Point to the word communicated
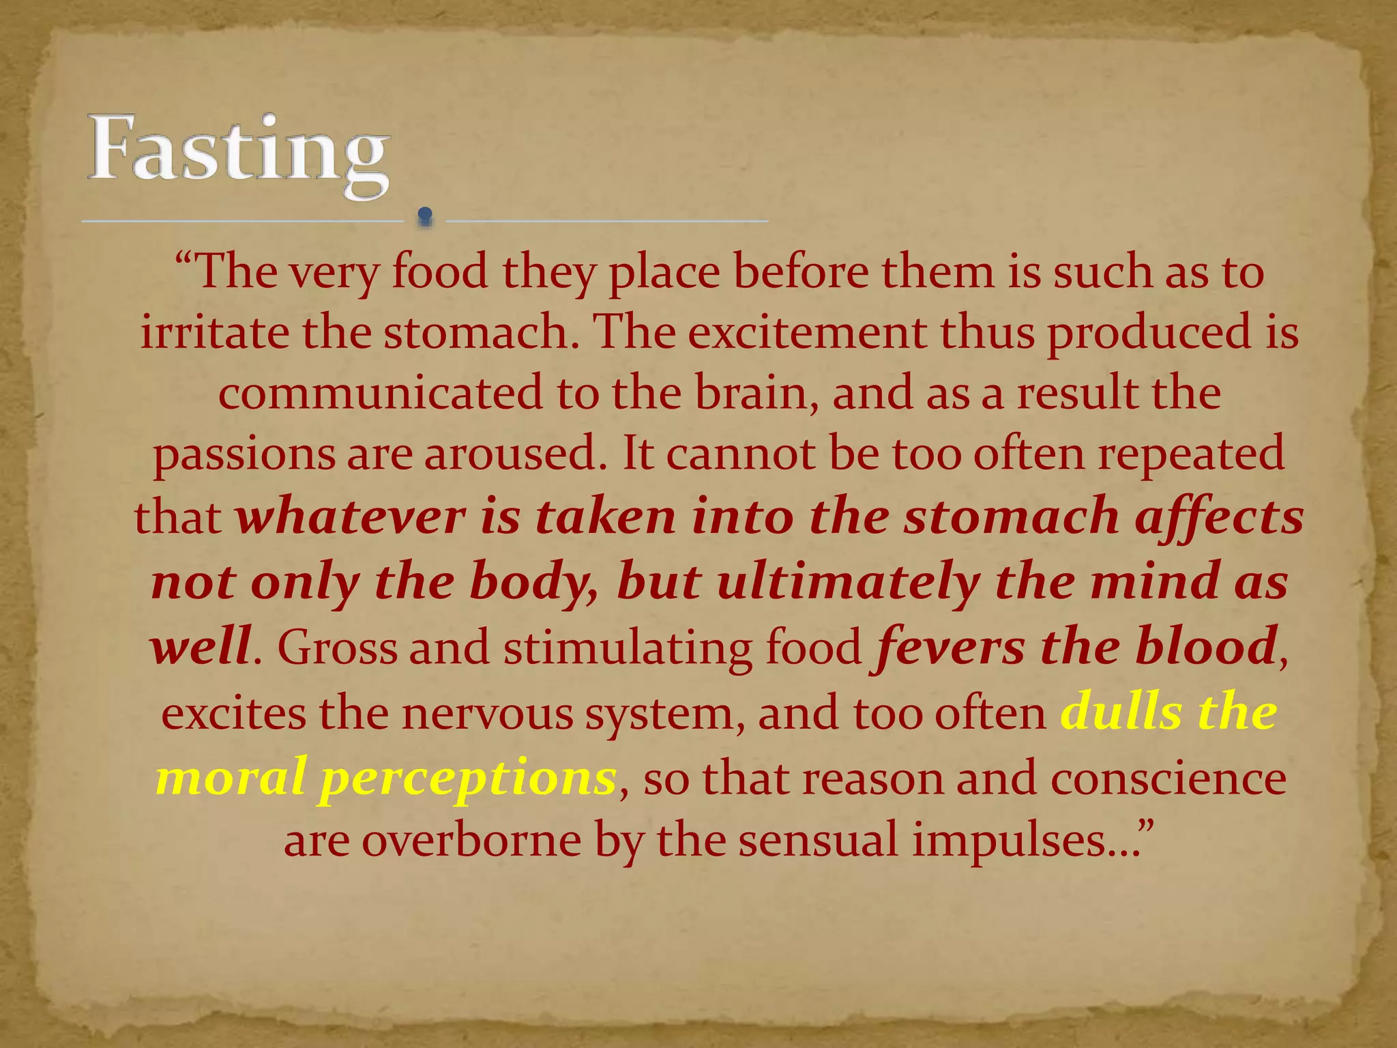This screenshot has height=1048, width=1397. tap(381, 394)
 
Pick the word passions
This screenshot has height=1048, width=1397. tap(244, 456)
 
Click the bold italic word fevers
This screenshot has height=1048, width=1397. tap(948, 647)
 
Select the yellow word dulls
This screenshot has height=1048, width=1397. tap(1123, 712)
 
